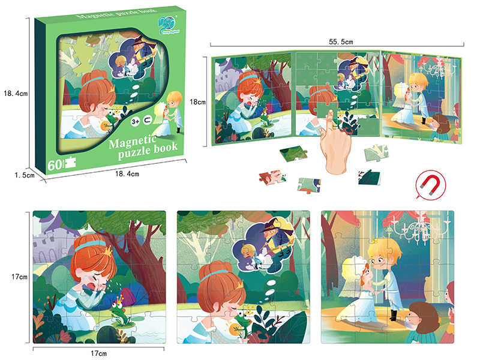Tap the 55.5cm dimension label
click(337, 43)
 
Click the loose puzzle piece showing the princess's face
click(271, 176)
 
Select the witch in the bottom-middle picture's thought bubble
click(276, 236)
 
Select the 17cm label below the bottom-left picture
click(100, 353)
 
